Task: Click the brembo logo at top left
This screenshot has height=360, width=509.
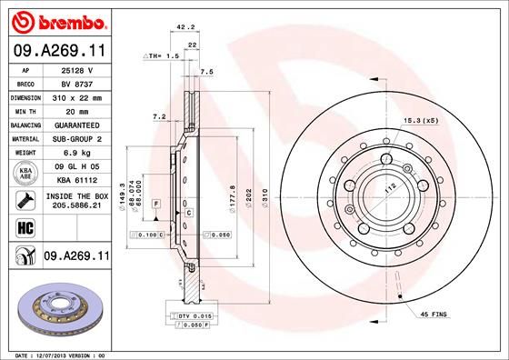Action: (x=58, y=18)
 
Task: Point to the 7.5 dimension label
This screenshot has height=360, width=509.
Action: (x=206, y=71)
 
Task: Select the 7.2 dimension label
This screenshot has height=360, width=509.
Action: (x=159, y=116)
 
